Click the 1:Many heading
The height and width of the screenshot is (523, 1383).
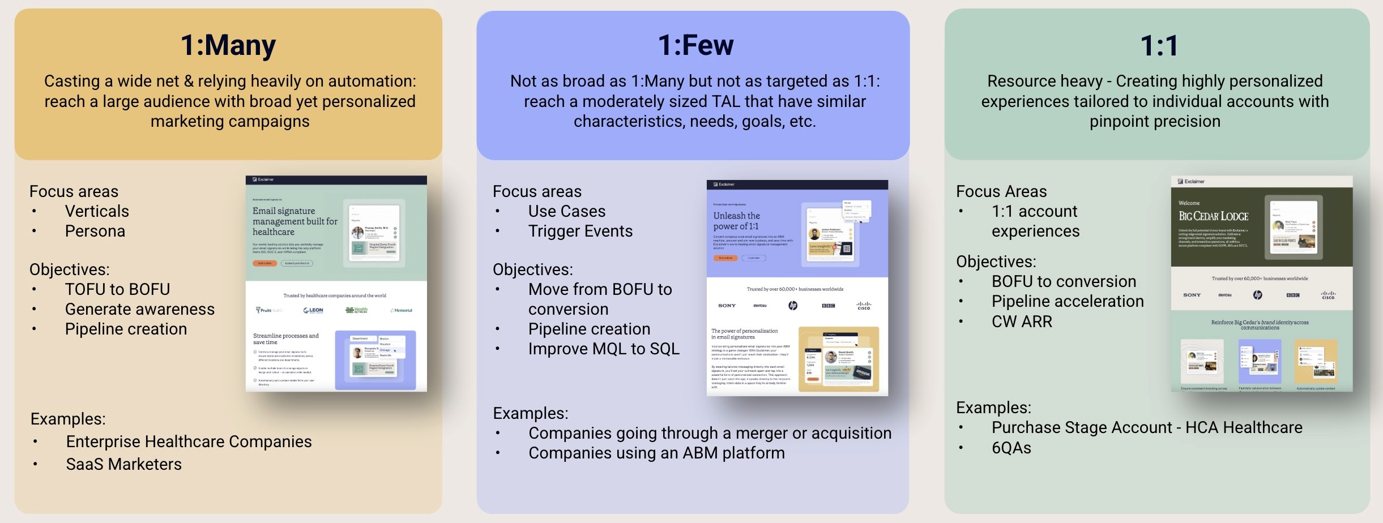point(228,45)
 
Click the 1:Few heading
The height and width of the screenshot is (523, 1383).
point(695,45)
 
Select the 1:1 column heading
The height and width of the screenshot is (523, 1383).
point(1159,46)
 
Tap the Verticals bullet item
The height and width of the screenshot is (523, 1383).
point(97,211)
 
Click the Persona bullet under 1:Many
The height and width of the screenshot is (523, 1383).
point(95,231)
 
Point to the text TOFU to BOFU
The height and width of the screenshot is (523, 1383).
point(117,289)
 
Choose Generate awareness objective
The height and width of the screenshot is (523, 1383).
point(139,309)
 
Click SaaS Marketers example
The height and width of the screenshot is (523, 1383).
point(123,464)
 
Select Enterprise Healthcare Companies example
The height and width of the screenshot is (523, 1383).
point(189,441)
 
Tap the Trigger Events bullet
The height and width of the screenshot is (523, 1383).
point(580,231)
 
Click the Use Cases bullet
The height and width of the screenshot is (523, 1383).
point(566,211)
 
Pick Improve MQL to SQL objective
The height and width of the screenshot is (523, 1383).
point(603,349)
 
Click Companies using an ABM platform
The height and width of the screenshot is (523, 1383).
point(656,453)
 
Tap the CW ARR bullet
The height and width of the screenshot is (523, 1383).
point(1022,321)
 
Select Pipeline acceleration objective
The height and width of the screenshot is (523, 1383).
point(1067,301)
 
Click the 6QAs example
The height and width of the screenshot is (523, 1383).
point(1011,448)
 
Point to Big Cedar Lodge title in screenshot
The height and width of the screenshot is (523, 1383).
point(1213,216)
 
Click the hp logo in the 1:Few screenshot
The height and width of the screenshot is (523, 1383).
point(793,306)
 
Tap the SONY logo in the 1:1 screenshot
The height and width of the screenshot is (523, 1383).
point(1192,295)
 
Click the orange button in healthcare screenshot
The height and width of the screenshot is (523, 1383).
point(264,263)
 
